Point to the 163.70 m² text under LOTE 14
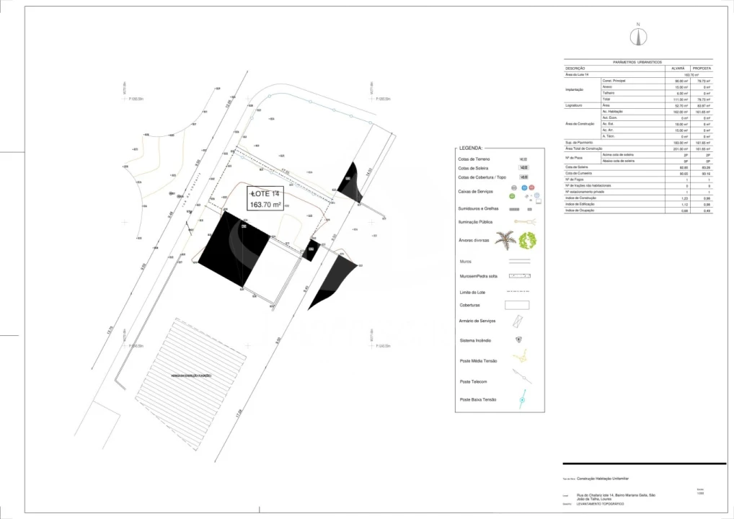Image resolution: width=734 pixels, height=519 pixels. pyautogui.click(x=265, y=205)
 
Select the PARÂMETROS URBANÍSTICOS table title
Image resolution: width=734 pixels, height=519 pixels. pyautogui.click(x=637, y=63)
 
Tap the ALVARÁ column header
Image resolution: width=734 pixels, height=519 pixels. pyautogui.click(x=678, y=68)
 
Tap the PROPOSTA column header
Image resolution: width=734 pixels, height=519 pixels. pyautogui.click(x=702, y=68)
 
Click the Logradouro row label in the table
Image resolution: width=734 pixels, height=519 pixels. pyautogui.click(x=575, y=105)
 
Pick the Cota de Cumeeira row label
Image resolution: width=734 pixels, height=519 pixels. pyautogui.click(x=578, y=173)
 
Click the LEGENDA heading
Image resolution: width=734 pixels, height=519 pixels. pyautogui.click(x=471, y=148)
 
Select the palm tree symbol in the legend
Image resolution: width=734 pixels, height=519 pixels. pyautogui.click(x=505, y=239)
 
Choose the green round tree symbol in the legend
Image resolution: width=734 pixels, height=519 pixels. pyautogui.click(x=528, y=239)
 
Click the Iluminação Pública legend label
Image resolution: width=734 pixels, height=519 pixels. pyautogui.click(x=476, y=222)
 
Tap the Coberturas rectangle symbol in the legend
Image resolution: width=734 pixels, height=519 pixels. pyautogui.click(x=517, y=305)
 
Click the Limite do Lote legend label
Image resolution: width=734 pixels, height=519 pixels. pyautogui.click(x=474, y=292)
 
